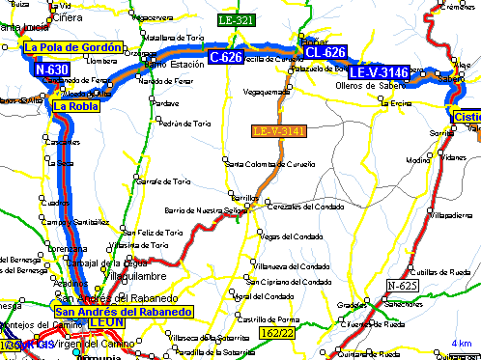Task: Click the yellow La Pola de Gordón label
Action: pyautogui.click(x=73, y=47)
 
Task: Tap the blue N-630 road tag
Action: pyautogui.click(x=51, y=70)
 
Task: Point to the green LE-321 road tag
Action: pyautogui.click(x=236, y=20)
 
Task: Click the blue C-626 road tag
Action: pyautogui.click(x=225, y=58)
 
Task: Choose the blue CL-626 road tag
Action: pyautogui.click(x=325, y=52)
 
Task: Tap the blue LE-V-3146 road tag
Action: pyautogui.click(x=379, y=72)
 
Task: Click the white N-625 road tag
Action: pyautogui.click(x=403, y=286)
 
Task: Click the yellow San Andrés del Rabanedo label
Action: pyautogui.click(x=125, y=312)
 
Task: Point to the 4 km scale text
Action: pyautogui.click(x=461, y=344)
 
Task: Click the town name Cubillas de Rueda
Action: pyautogui.click(x=432, y=271)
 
